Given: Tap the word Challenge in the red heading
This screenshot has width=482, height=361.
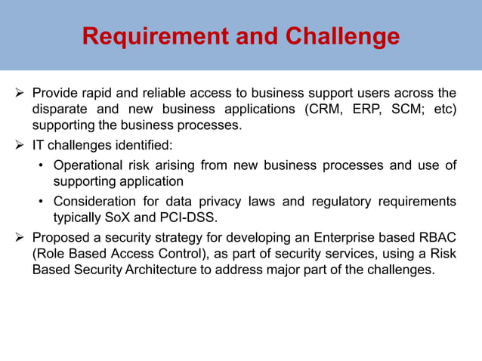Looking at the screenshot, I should (x=340, y=35).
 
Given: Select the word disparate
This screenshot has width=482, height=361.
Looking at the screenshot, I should (x=63, y=109).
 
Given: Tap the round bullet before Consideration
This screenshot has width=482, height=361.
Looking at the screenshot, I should (x=42, y=201).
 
